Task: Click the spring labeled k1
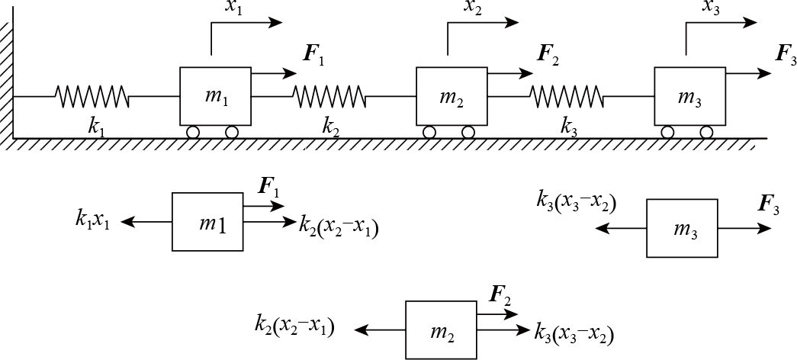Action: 91,96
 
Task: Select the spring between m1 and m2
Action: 329,96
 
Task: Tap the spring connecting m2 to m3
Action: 567,96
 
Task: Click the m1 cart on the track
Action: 215,96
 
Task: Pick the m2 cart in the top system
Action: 452,96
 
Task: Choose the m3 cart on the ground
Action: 689,96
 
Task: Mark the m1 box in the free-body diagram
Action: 207,222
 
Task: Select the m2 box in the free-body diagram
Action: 441,329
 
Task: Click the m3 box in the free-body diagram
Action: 682,228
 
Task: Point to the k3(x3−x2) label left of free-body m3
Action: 576,203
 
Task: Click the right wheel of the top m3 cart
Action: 707,132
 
